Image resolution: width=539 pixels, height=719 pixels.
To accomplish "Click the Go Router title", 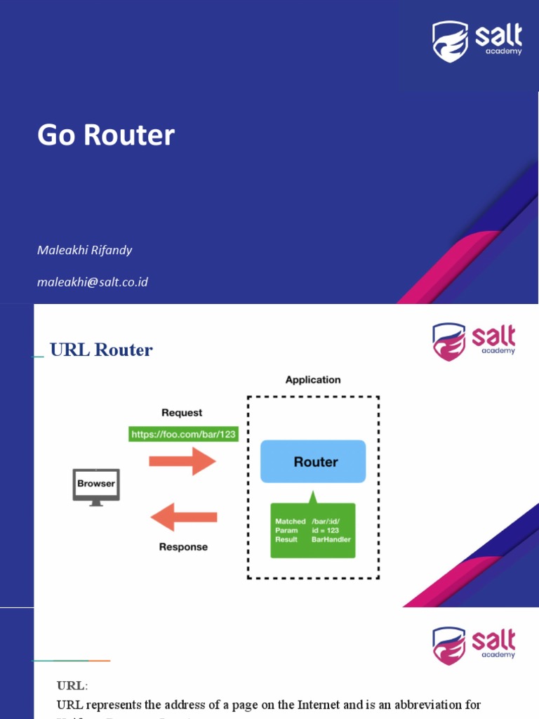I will [106, 136].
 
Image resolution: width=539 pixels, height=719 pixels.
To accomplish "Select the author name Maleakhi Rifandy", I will [84, 250].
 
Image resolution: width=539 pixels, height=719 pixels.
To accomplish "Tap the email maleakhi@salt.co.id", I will [92, 282].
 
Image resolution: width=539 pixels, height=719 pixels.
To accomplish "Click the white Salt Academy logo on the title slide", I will [477, 41].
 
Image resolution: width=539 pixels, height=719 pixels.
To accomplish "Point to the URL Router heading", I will [101, 350].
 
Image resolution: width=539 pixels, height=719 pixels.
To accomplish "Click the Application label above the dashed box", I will [313, 380].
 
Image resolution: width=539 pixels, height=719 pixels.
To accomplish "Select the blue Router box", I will [313, 461].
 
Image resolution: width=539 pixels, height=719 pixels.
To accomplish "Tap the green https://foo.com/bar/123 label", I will [184, 434].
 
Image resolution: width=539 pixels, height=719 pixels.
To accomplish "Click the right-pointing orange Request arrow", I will [182, 461].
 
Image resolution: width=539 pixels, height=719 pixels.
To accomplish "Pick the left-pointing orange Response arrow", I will [184, 518].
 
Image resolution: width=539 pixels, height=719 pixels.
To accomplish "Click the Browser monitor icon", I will [96, 486].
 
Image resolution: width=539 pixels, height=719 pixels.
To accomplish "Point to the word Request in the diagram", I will [182, 413].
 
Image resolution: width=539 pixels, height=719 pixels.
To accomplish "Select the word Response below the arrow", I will [183, 546].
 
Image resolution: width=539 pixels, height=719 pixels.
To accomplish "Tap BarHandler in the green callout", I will [331, 539].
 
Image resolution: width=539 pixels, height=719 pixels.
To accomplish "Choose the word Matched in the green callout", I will [290, 522].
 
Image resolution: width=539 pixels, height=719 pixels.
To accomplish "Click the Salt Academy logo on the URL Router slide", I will [474, 342].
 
